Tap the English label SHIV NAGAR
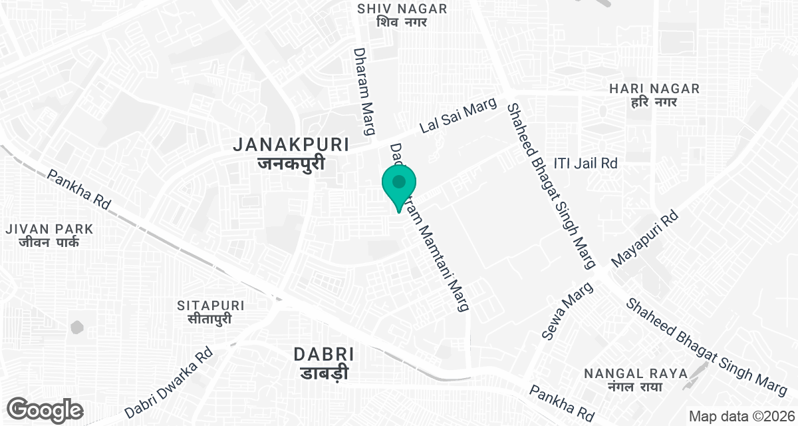coord(402,9)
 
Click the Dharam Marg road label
coord(363,91)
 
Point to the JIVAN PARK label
coord(49,229)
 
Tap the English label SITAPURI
coord(211,306)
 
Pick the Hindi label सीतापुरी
coord(211,319)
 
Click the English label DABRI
coord(323,355)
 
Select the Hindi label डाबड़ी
coord(322,373)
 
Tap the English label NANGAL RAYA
coord(635,373)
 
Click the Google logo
coord(45,409)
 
